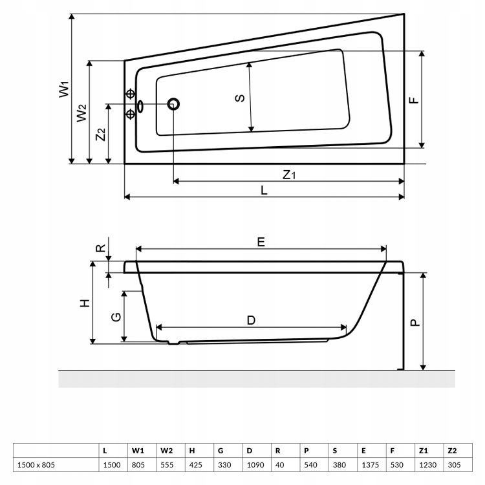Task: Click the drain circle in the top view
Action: click(x=173, y=104)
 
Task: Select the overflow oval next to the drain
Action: click(x=140, y=106)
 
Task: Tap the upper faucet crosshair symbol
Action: click(x=130, y=94)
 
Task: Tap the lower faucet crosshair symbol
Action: click(x=130, y=114)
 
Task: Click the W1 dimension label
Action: click(x=64, y=89)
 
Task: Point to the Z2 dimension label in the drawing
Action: click(x=101, y=135)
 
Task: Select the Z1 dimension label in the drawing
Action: click(x=289, y=175)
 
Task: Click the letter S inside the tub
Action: click(x=240, y=98)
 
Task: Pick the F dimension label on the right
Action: click(x=414, y=100)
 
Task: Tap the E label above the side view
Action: click(x=261, y=242)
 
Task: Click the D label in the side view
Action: click(x=251, y=320)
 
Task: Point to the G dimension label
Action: click(x=116, y=317)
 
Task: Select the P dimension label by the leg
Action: click(x=415, y=323)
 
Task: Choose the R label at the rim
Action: click(x=101, y=248)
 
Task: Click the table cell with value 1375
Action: click(x=371, y=464)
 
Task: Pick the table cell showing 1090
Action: click(x=255, y=464)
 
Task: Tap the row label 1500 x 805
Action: click(x=36, y=464)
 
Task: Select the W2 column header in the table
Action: click(x=166, y=451)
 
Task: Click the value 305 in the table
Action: click(x=454, y=464)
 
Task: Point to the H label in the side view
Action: click(x=85, y=303)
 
